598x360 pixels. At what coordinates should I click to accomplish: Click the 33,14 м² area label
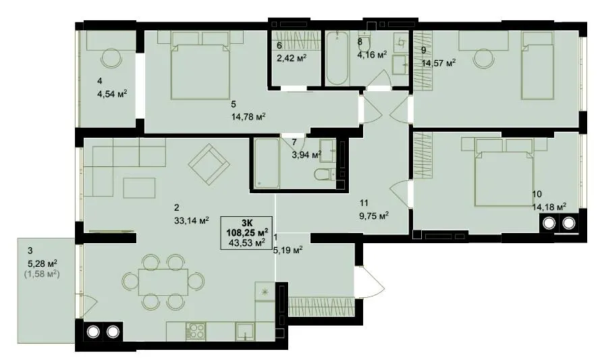(x=192, y=220)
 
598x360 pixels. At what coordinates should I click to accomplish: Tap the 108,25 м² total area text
(x=247, y=232)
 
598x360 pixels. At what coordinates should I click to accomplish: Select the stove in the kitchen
(x=196, y=330)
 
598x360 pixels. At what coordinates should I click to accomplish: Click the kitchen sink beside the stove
(x=244, y=331)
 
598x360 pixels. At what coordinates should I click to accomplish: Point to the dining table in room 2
(x=163, y=282)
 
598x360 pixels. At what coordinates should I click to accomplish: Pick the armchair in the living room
(x=209, y=164)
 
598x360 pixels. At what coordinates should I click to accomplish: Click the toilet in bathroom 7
(x=325, y=175)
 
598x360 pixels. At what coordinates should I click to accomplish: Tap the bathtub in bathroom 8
(x=337, y=58)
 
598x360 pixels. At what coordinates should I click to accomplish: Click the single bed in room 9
(x=537, y=66)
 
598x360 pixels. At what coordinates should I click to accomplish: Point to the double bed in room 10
(x=504, y=172)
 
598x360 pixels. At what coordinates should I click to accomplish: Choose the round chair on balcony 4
(x=111, y=58)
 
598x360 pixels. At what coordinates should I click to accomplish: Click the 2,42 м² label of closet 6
(x=292, y=58)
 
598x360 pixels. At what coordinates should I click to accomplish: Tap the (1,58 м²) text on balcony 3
(x=42, y=274)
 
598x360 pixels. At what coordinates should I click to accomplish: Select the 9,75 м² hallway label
(x=374, y=216)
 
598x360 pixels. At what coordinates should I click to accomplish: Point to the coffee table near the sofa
(x=139, y=188)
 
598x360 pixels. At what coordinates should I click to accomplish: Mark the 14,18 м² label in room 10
(x=549, y=207)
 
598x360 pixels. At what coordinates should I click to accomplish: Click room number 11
(x=364, y=203)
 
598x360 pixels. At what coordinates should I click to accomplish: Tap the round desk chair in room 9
(x=483, y=59)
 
